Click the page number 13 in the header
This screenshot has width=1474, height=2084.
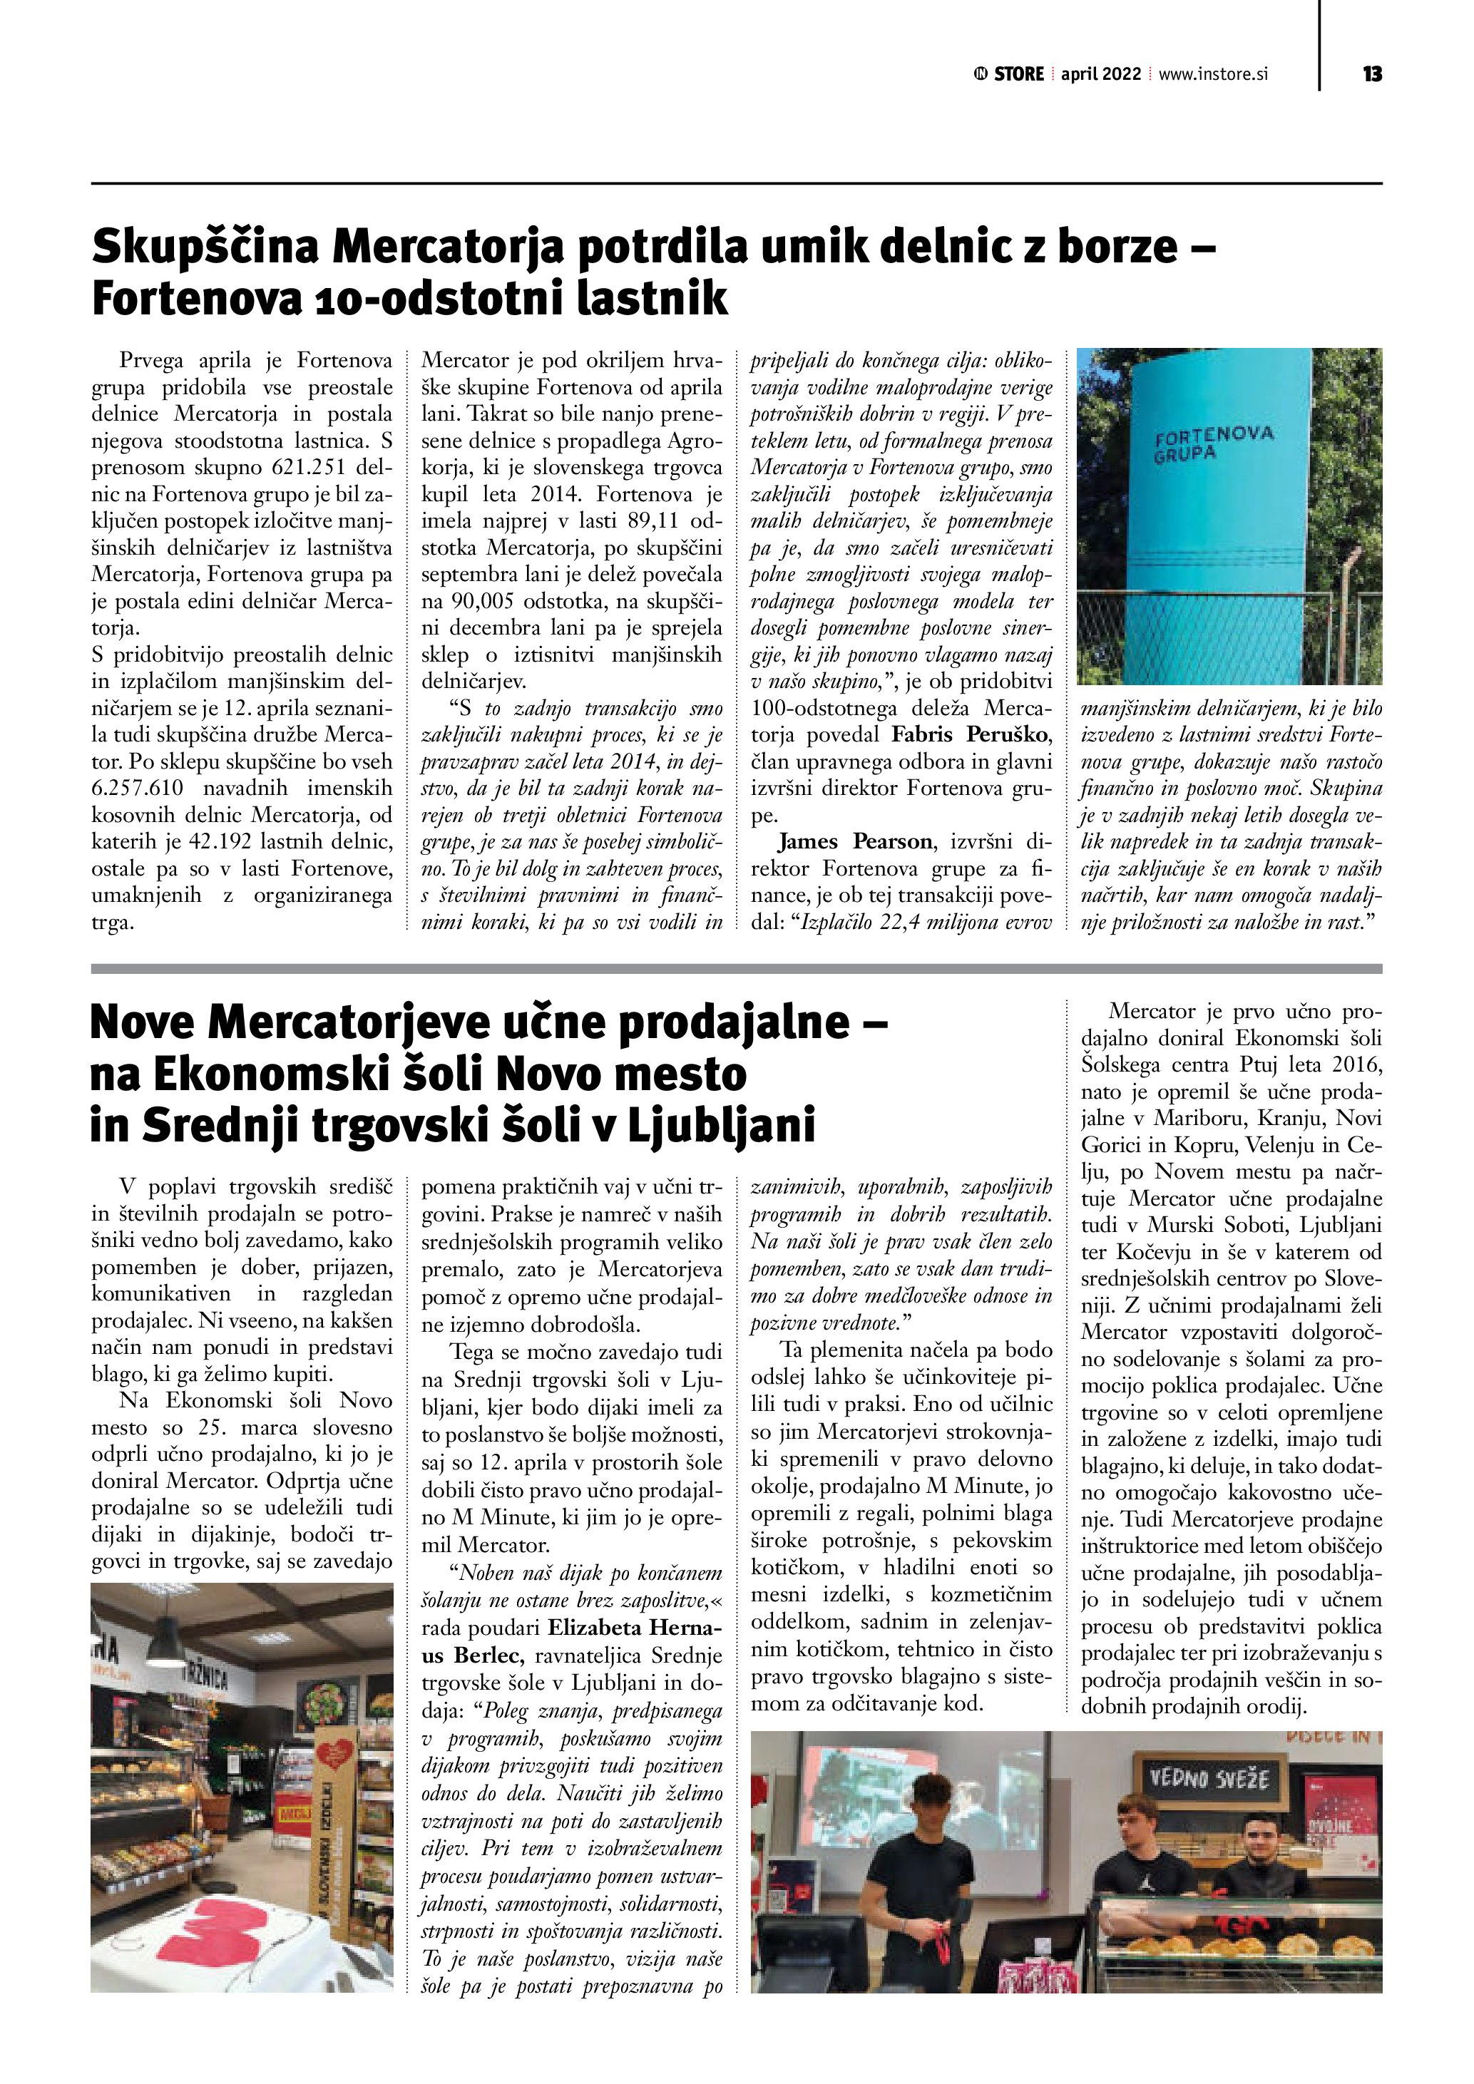click(1372, 74)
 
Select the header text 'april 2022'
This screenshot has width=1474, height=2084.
click(1101, 74)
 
